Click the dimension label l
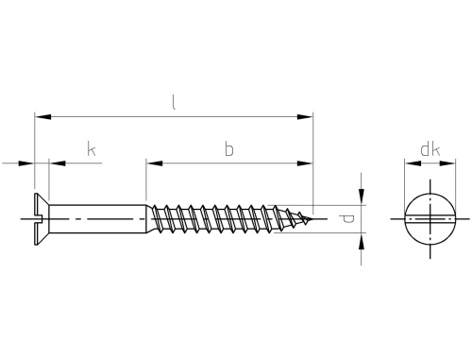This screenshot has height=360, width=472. [174, 102]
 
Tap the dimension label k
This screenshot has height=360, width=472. [92, 149]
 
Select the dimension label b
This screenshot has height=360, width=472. [229, 149]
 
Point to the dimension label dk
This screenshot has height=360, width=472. [430, 150]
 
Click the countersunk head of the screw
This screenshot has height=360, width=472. [42, 219]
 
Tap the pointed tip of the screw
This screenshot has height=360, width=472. [312, 218]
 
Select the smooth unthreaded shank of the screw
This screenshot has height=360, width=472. [97, 219]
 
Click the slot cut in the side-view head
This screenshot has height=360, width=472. [38, 219]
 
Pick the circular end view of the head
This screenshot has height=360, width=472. [430, 219]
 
